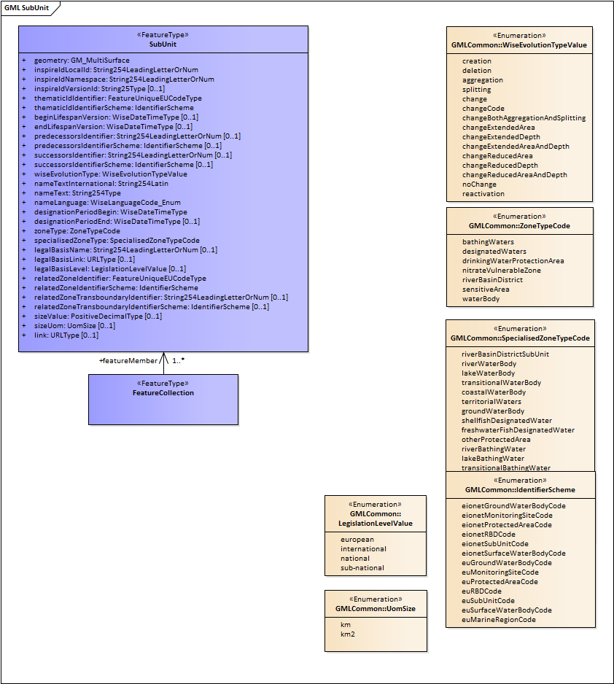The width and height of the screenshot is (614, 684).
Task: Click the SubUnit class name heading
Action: pyautogui.click(x=163, y=44)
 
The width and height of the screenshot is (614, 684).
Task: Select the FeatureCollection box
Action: pyautogui.click(x=163, y=398)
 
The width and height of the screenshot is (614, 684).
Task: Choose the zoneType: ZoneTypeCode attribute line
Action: pyautogui.click(x=77, y=231)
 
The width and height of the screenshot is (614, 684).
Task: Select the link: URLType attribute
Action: pyautogui.click(x=66, y=335)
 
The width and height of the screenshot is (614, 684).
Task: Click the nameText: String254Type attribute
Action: pyautogui.click(x=77, y=193)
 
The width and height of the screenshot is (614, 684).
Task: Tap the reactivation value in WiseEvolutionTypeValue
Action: pyautogui.click(x=483, y=194)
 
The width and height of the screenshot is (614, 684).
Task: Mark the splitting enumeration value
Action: pyautogui.click(x=476, y=90)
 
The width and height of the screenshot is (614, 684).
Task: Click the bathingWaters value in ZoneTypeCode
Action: pyautogui.click(x=488, y=242)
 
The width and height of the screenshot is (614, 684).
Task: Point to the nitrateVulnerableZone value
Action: pyautogui.click(x=502, y=271)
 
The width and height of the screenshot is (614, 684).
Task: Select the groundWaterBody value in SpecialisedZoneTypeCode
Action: pyautogui.click(x=493, y=411)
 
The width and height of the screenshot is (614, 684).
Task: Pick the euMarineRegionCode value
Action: pyautogui.click(x=498, y=620)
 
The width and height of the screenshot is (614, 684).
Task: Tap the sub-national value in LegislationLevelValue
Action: pyautogui.click(x=362, y=568)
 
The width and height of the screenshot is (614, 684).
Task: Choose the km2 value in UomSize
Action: pyautogui.click(x=347, y=634)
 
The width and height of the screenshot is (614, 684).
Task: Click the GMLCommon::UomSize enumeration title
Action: pyautogui.click(x=376, y=608)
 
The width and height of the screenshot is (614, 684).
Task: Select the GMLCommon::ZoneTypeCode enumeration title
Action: pyautogui.click(x=519, y=226)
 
